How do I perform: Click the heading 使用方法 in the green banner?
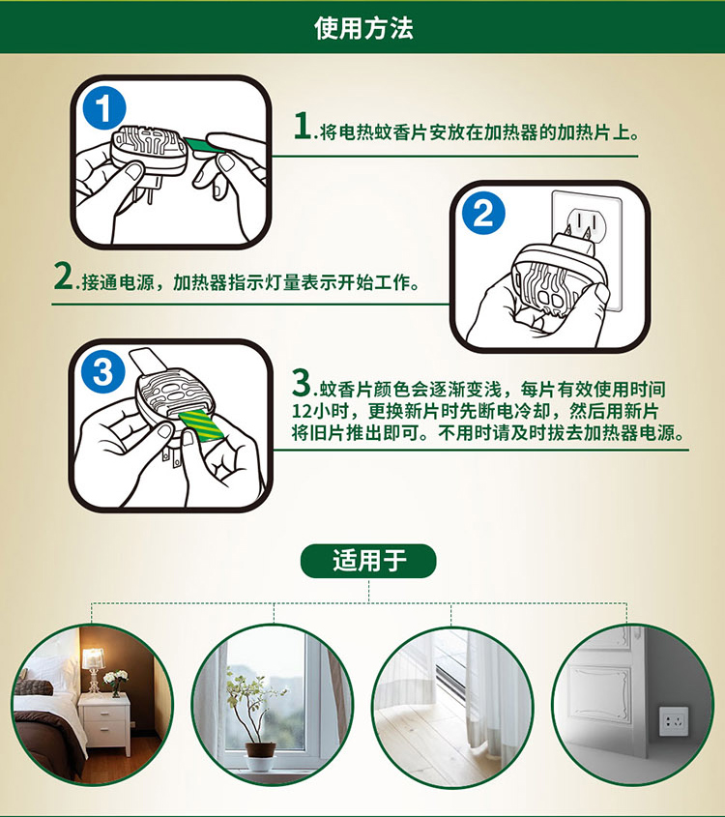(363, 28)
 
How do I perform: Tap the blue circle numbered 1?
(104, 109)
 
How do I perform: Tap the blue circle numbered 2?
(483, 213)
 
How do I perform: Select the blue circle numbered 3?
(102, 372)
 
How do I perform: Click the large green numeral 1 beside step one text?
(303, 126)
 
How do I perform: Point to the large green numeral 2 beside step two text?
(64, 276)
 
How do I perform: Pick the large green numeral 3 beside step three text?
(301, 383)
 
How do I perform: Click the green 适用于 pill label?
(368, 561)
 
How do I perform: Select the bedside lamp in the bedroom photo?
(93, 670)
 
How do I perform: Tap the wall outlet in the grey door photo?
(674, 721)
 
